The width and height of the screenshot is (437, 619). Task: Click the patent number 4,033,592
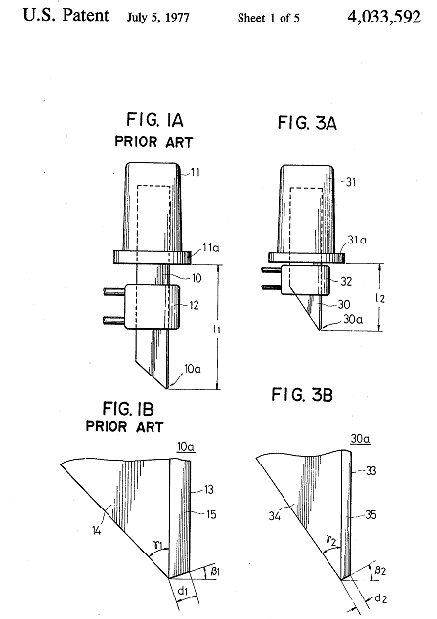(384, 17)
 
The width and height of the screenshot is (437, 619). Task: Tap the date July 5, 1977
(158, 18)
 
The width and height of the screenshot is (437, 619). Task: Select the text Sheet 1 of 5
(269, 18)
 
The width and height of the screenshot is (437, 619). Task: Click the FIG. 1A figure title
(154, 120)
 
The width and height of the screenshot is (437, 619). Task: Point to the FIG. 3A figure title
(307, 123)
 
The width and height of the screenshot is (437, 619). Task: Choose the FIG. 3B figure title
(302, 395)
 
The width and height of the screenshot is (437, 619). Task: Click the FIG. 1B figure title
(128, 408)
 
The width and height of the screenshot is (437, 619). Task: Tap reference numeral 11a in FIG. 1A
(211, 248)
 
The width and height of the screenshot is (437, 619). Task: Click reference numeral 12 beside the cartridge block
(194, 305)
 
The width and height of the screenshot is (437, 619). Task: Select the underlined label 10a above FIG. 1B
(186, 447)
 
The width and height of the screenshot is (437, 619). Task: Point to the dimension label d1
(183, 591)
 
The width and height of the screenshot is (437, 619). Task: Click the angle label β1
(215, 571)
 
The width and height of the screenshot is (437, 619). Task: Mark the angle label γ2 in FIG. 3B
(331, 540)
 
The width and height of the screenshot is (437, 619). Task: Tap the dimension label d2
(380, 598)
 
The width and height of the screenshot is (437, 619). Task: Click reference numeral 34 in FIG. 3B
(275, 515)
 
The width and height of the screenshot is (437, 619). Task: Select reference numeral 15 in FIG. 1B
(211, 514)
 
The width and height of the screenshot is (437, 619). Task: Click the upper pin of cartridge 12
(114, 292)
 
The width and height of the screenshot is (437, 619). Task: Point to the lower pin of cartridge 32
(272, 287)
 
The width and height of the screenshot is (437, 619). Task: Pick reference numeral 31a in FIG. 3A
(357, 240)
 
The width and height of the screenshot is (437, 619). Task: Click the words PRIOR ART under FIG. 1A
(153, 142)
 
